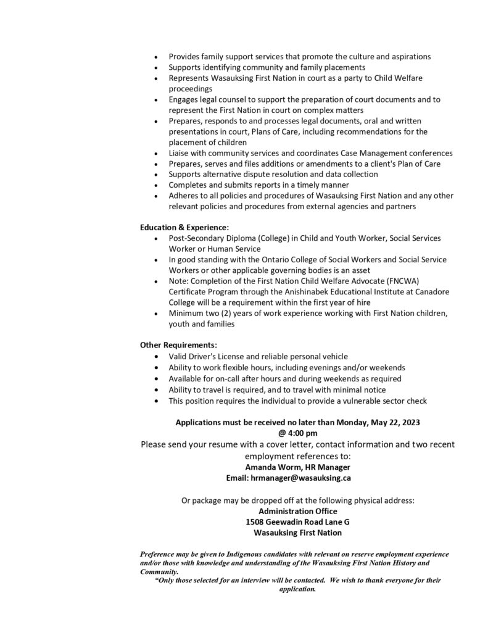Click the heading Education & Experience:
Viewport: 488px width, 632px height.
pyautogui.click(x=184, y=227)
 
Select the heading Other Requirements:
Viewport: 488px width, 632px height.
pyautogui.click(x=178, y=344)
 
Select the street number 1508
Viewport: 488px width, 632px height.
pyautogui.click(x=255, y=522)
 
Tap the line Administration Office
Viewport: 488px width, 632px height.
pyautogui.click(x=298, y=511)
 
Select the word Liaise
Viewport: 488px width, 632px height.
pyautogui.click(x=180, y=153)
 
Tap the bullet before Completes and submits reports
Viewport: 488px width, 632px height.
pyautogui.click(x=159, y=186)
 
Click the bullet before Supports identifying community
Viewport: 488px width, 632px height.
pyautogui.click(x=159, y=67)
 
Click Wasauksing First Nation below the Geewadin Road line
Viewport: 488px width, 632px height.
pyautogui.click(x=298, y=533)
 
